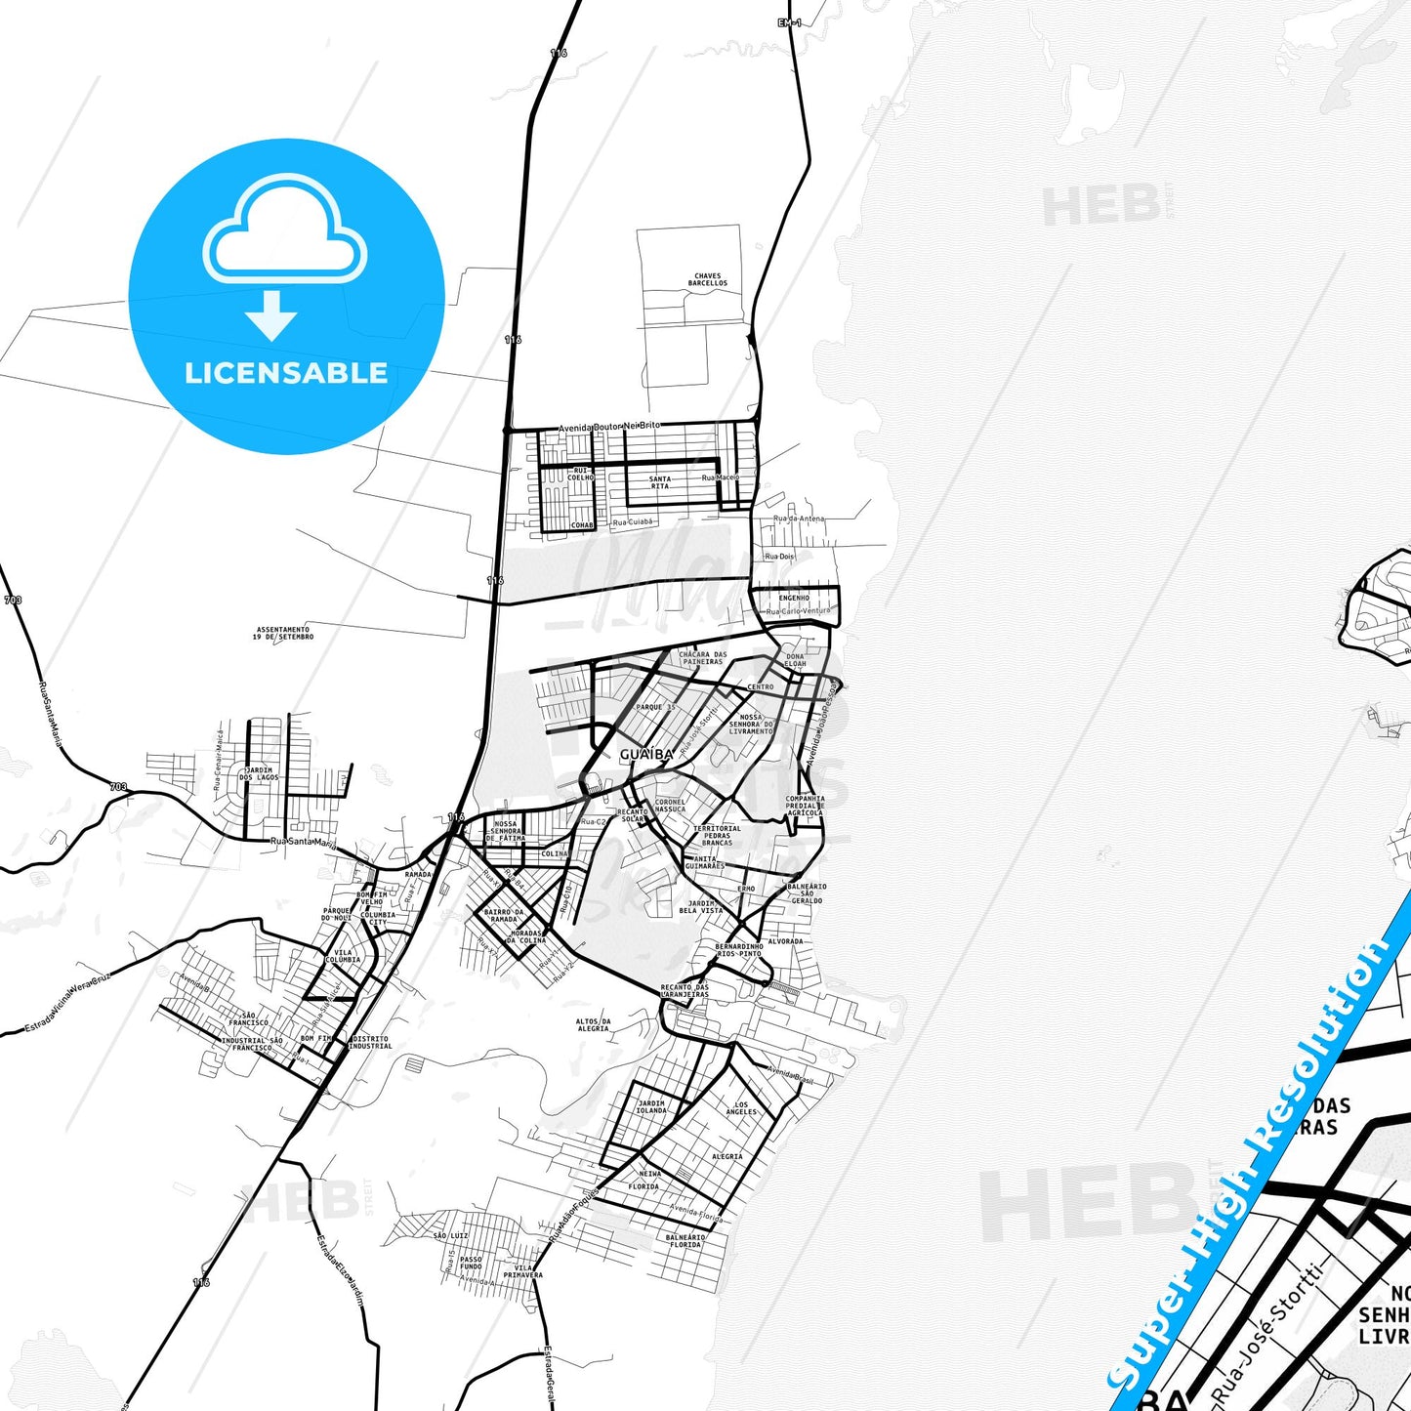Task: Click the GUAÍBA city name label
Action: click(646, 755)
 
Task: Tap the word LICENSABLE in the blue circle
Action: click(286, 373)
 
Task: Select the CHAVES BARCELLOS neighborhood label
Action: click(708, 279)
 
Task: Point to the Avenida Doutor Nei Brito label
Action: click(608, 427)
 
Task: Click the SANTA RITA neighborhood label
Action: click(660, 482)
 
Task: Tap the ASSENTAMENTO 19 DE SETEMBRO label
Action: click(283, 634)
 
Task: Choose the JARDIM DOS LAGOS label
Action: click(259, 773)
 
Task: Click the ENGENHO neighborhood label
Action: click(794, 598)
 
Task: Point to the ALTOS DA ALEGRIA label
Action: click(593, 1024)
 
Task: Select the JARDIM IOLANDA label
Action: click(652, 1106)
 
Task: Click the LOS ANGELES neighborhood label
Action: click(741, 1107)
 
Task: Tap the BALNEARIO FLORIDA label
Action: click(685, 1241)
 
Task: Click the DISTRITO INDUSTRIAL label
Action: click(370, 1042)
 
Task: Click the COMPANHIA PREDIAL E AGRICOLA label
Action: click(806, 806)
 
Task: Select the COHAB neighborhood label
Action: click(582, 525)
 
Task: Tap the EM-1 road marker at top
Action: click(789, 22)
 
